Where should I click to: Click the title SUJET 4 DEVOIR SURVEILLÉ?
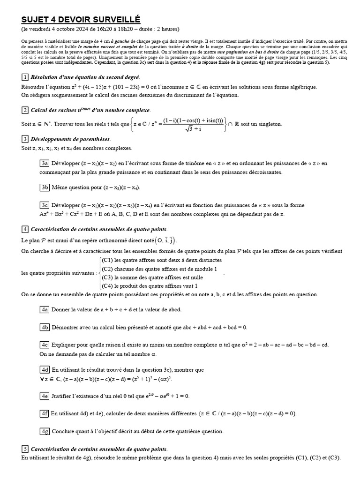tap(81, 19)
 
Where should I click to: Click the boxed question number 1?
tap(25, 77)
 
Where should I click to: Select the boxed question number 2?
tap(25, 110)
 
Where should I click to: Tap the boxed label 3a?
tap(45, 163)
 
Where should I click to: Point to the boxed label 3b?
tap(45, 187)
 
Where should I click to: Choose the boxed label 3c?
tap(45, 205)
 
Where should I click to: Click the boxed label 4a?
tap(45, 309)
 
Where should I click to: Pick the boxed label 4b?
tap(45, 327)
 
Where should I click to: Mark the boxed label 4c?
tap(45, 345)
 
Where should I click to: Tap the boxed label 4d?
tap(45, 369)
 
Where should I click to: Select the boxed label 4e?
tap(45, 396)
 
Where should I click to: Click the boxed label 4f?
tap(45, 413)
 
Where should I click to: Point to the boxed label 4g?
tap(45, 431)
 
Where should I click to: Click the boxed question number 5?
tap(25, 449)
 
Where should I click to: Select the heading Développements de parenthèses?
tap(70, 139)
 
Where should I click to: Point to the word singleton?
tap(268, 124)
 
